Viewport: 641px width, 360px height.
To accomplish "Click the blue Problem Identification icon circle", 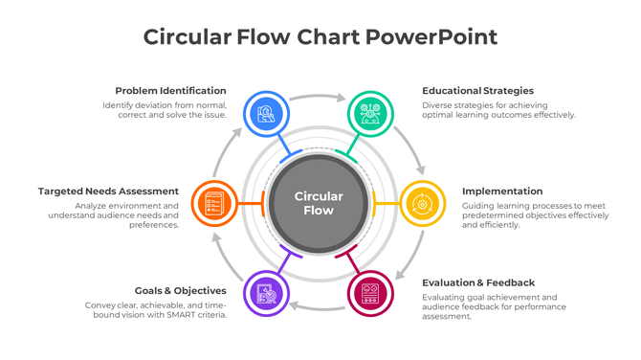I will coord(267,114).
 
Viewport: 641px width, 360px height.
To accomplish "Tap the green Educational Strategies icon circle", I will coord(369,114).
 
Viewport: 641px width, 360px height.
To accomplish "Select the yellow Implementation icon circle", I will coord(421,203).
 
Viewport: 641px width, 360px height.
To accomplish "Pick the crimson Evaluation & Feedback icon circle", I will coord(369,293).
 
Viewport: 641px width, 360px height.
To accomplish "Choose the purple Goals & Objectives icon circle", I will coord(267,293).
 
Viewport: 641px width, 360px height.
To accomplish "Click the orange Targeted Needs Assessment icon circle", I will coord(215,203).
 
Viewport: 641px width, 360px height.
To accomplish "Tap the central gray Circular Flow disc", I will coord(319,203).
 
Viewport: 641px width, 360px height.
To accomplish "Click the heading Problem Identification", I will coord(170,91).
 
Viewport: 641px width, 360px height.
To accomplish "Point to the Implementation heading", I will coord(502,191).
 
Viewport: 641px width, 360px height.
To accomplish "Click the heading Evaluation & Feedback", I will coord(478,282).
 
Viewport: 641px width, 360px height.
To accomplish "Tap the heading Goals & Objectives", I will coord(181,290).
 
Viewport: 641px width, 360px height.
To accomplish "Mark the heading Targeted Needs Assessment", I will coord(108,191).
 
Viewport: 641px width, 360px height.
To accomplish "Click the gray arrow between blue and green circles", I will coord(319,97).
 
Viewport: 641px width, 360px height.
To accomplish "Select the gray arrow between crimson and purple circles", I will coord(319,306).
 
